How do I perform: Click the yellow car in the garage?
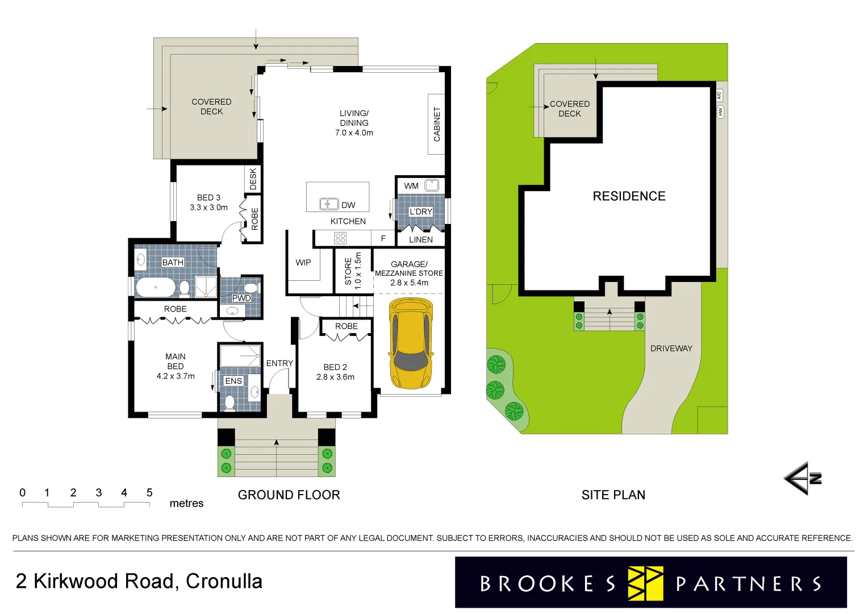coord(410,343)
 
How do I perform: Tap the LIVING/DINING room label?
coord(354,118)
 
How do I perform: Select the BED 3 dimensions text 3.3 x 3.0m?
coord(208,208)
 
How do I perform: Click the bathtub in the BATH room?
coord(156,287)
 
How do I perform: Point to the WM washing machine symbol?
coord(432,185)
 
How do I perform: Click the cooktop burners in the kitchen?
coord(340,238)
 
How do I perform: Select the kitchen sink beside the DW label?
coord(328,204)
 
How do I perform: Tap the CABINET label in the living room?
coord(437,124)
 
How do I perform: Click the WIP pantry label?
coord(303,263)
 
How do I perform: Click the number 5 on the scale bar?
coord(149,493)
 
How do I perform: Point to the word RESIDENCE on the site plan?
coord(629,196)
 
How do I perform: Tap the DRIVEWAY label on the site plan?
coord(671,349)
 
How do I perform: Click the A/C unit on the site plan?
coord(719,96)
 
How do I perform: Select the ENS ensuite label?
coord(233,381)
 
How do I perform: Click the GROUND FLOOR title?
coord(289,495)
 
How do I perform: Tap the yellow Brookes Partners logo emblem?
coord(645,583)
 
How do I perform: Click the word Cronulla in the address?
coord(224,582)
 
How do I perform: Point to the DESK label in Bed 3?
coord(253,179)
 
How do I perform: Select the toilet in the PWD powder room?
coord(251,287)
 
